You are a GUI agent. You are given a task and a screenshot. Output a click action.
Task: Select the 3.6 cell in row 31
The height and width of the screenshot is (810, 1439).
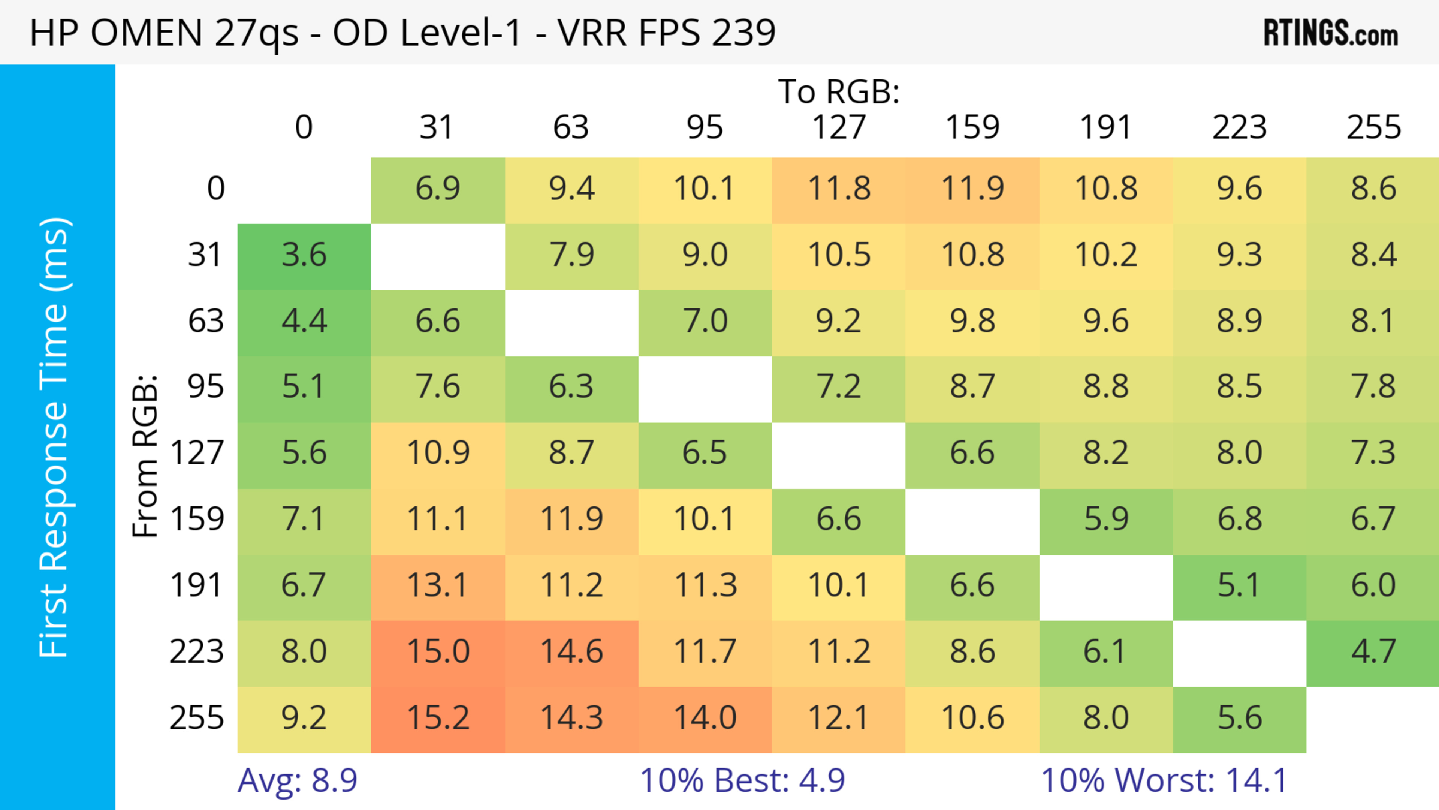[304, 255]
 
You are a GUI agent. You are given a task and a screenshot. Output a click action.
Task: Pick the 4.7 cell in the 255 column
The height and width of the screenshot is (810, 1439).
[1373, 651]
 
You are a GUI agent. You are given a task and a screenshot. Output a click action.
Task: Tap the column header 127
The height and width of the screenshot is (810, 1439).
[839, 127]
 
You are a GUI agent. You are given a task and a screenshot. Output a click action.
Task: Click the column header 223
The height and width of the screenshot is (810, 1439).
[1239, 127]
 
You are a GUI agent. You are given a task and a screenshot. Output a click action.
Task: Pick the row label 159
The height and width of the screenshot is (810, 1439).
[197, 519]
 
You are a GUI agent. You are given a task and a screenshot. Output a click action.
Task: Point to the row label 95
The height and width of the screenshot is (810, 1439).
[206, 386]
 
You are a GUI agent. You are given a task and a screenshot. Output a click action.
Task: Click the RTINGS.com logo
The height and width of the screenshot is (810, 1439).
[1331, 33]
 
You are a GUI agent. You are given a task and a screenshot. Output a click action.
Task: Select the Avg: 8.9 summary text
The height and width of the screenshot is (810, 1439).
[297, 780]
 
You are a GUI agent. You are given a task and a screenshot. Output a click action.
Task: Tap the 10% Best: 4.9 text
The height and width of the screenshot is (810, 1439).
[742, 780]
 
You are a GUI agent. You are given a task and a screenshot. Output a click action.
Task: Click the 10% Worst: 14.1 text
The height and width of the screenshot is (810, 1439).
[1164, 780]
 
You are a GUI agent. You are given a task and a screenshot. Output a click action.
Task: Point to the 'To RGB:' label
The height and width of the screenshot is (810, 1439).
[839, 91]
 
